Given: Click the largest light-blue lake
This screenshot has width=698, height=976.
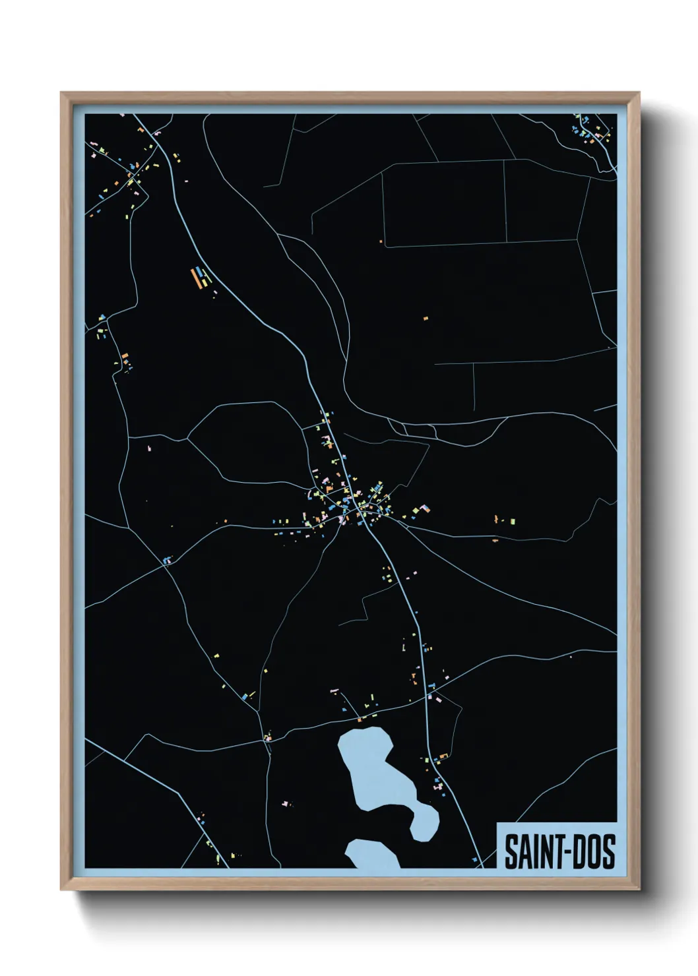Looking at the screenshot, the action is tap(369, 768).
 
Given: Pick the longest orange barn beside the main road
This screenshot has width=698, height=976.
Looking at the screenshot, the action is tap(195, 277).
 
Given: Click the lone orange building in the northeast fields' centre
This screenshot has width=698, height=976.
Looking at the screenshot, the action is tap(426, 319).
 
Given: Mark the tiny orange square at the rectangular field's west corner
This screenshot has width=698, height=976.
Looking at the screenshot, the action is tap(381, 242).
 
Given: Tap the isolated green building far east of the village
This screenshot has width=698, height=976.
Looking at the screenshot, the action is tap(512, 521).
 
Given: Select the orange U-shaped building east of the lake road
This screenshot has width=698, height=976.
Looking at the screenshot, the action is tap(443, 755).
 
